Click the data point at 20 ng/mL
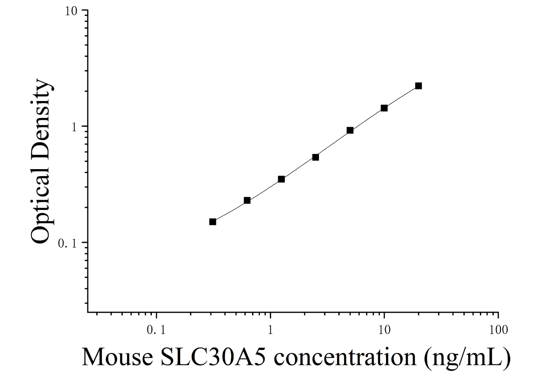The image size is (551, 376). (x=418, y=86)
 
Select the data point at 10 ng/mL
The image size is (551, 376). (x=384, y=108)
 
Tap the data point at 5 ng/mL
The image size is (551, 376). (x=350, y=131)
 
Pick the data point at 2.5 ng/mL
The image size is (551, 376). (x=315, y=157)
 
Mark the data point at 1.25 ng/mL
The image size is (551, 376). (x=282, y=179)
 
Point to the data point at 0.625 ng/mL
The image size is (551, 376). (x=247, y=200)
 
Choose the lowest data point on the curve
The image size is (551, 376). (x=213, y=222)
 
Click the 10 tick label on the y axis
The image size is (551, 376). (x=71, y=11)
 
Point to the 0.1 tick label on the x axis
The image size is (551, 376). (x=156, y=330)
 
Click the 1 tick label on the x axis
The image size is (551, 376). (x=271, y=330)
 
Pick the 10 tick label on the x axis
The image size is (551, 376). (x=384, y=330)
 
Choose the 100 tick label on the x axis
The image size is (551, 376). (x=499, y=330)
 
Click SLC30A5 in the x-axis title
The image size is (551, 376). (x=213, y=357)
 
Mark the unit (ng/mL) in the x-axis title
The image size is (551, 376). (x=467, y=359)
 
